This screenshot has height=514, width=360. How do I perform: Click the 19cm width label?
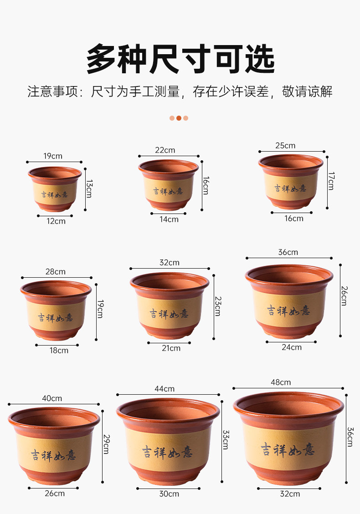point(53,156)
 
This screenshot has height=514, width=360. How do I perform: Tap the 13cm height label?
point(89,188)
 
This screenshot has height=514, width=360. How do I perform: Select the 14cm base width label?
point(169,219)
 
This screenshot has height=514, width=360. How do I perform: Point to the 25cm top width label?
point(285,146)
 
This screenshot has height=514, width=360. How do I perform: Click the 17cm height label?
point(331,181)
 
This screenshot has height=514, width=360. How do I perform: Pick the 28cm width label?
point(56,272)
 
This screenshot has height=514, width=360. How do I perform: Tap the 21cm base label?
point(171,348)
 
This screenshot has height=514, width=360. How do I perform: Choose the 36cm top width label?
point(288,252)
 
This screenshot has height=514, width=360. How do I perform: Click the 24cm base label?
point(291,347)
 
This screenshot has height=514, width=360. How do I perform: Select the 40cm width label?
point(52,398)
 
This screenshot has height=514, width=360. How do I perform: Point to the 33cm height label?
point(226,440)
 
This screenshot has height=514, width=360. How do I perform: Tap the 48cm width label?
point(281,382)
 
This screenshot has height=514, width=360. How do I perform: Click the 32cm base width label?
point(290,494)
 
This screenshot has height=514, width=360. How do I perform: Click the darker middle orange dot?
point(179,118)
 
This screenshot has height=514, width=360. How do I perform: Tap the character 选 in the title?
point(260,59)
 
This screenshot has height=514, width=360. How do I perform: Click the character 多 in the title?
point(102,59)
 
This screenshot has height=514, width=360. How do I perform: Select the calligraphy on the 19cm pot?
point(55,195)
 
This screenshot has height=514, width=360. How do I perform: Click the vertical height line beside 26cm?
point(340,300)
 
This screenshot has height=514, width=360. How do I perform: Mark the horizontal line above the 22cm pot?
point(169,156)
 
